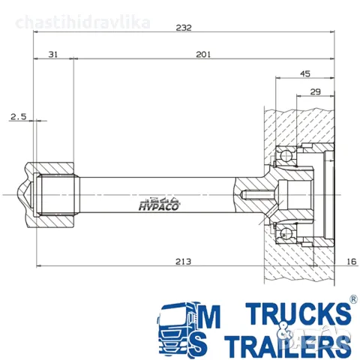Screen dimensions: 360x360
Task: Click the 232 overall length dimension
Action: click(184, 28)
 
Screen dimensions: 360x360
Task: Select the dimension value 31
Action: click(53, 54)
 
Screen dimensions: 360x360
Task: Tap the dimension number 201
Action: click(203, 54)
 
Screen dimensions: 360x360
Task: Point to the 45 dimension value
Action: click(304, 73)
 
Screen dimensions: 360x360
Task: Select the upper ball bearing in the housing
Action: click(285, 157)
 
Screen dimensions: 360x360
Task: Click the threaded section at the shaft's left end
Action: click(59, 193)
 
